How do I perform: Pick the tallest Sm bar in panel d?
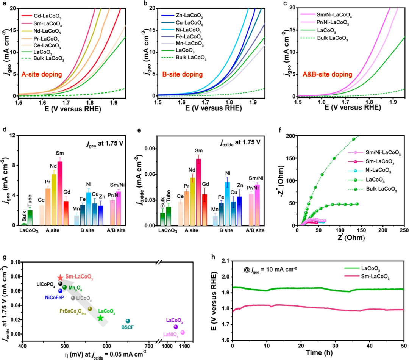point(60,193)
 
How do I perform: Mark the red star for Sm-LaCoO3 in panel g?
point(60,278)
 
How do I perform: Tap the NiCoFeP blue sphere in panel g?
point(61,291)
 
